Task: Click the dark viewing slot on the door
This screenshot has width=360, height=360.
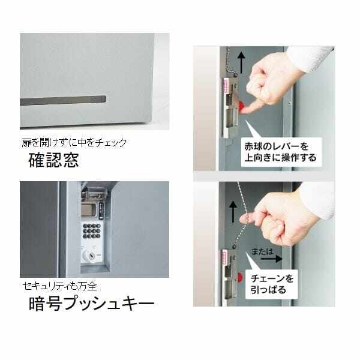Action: pyautogui.click(x=63, y=101)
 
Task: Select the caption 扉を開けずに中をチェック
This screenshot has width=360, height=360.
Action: pyautogui.click(x=73, y=143)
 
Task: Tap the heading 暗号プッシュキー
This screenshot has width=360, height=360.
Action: pyautogui.click(x=91, y=304)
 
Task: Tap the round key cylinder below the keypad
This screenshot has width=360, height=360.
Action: pyautogui.click(x=89, y=254)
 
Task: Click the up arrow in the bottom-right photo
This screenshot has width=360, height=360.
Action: pyautogui.click(x=233, y=211)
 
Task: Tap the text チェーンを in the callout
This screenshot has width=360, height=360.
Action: pyautogui.click(x=274, y=278)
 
